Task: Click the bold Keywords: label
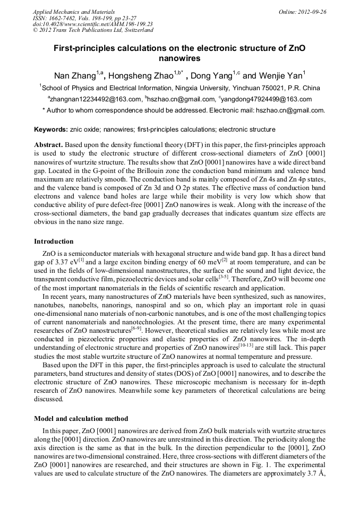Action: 51,130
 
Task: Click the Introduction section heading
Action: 54,241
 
